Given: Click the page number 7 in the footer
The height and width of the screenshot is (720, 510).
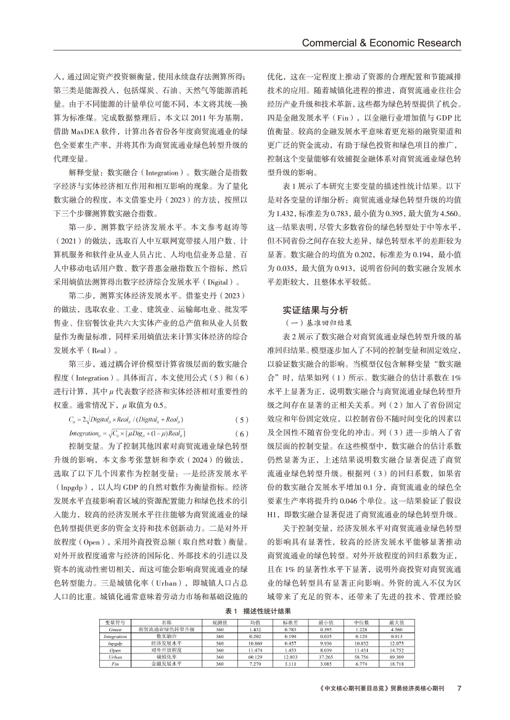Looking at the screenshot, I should [459, 688].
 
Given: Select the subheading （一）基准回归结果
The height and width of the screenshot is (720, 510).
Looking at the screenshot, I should [316, 322].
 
